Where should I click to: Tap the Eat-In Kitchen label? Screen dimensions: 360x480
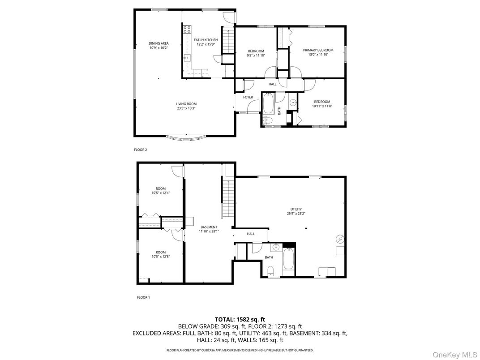click(206, 40)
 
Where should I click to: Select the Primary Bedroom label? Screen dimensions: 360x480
click(318, 50)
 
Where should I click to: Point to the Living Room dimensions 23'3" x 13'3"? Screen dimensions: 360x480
click(186, 108)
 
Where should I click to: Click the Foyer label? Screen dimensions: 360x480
click(248, 97)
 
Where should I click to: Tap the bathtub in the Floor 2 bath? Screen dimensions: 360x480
click(268, 103)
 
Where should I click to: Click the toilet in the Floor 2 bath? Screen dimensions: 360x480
click(268, 120)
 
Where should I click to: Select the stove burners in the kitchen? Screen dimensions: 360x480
click(186, 30)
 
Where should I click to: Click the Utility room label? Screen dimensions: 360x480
click(296, 209)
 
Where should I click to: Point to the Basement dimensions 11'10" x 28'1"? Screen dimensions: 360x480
click(209, 231)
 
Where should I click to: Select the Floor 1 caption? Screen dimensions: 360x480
click(143, 297)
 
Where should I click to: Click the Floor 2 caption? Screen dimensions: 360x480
click(140, 150)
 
